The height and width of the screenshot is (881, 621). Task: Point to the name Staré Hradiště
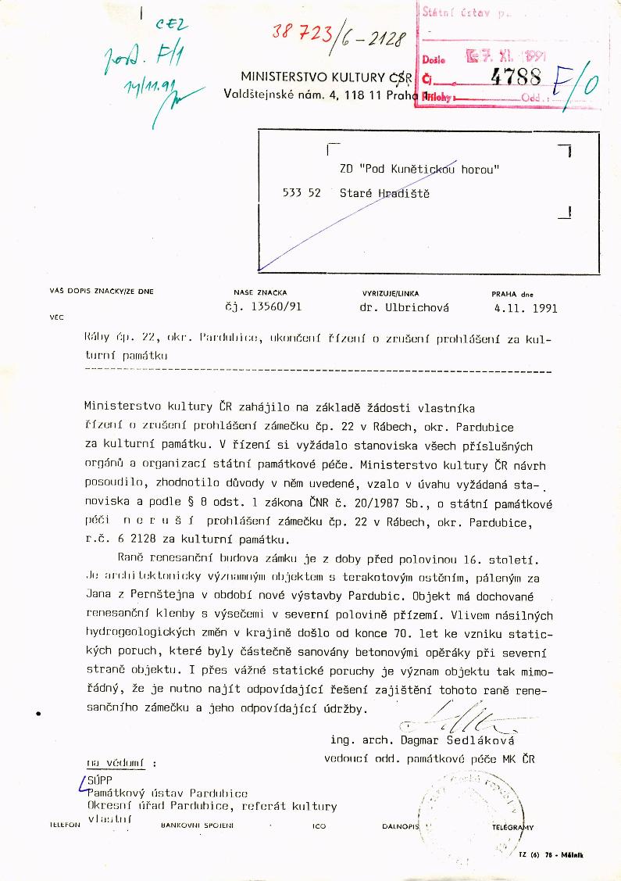384,193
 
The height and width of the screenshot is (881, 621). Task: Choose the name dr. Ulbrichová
404,307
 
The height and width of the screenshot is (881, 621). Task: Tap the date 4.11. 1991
525,307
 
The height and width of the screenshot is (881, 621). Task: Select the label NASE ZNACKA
255,292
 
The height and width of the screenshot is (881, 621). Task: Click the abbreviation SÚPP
101,779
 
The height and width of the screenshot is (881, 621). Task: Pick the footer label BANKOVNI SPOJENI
191,825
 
